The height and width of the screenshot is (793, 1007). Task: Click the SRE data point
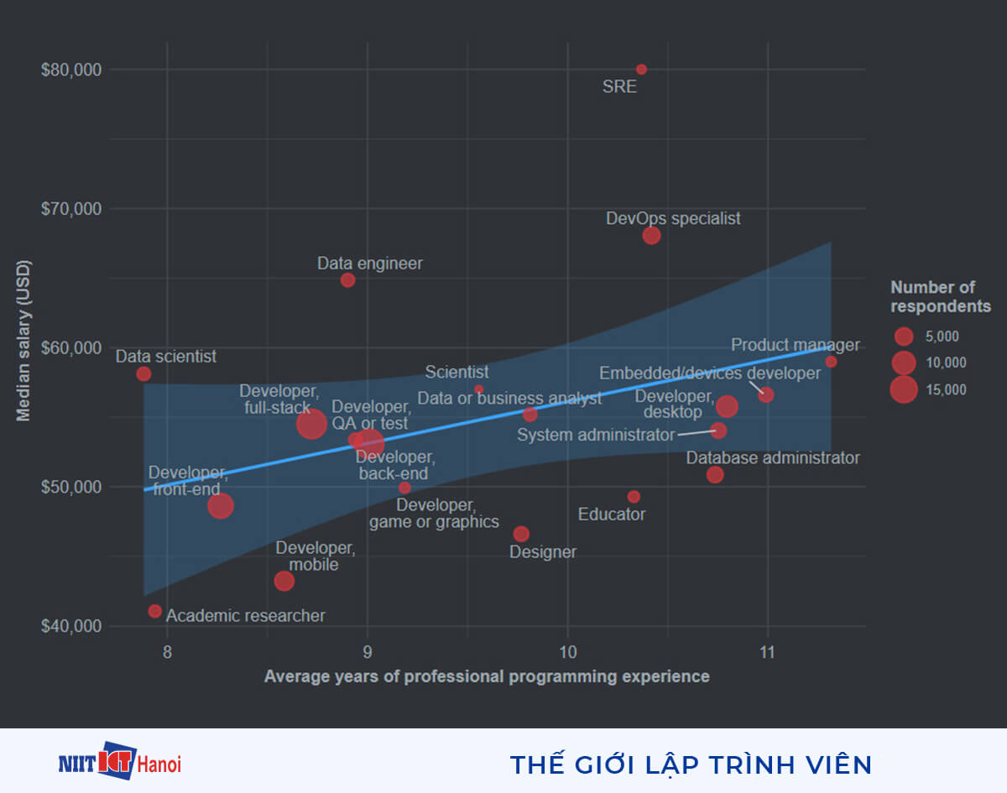click(641, 69)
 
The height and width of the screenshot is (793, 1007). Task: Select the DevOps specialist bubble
click(651, 236)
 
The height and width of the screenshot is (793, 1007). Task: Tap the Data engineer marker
click(347, 280)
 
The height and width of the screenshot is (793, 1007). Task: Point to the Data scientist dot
click(143, 373)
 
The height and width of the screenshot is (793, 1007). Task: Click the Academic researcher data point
click(154, 611)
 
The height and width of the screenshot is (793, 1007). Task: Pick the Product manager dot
click(831, 362)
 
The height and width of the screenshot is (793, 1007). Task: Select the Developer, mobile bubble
click(284, 581)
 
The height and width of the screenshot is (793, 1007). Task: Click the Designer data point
click(521, 534)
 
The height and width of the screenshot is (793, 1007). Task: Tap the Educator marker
click(634, 497)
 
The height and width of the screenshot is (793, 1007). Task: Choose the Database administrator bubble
click(715, 475)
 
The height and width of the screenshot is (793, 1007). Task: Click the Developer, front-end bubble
click(221, 506)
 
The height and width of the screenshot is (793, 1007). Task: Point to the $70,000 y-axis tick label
click(70, 209)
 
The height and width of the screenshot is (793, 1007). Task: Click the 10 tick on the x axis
click(567, 652)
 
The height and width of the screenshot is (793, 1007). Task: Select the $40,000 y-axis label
click(70, 626)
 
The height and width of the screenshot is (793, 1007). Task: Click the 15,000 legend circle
click(904, 390)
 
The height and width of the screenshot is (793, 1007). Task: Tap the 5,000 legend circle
click(904, 337)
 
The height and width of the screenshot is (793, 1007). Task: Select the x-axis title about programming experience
click(487, 676)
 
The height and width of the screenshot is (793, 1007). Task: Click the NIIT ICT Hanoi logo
click(120, 762)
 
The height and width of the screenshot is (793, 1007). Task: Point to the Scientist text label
click(457, 372)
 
